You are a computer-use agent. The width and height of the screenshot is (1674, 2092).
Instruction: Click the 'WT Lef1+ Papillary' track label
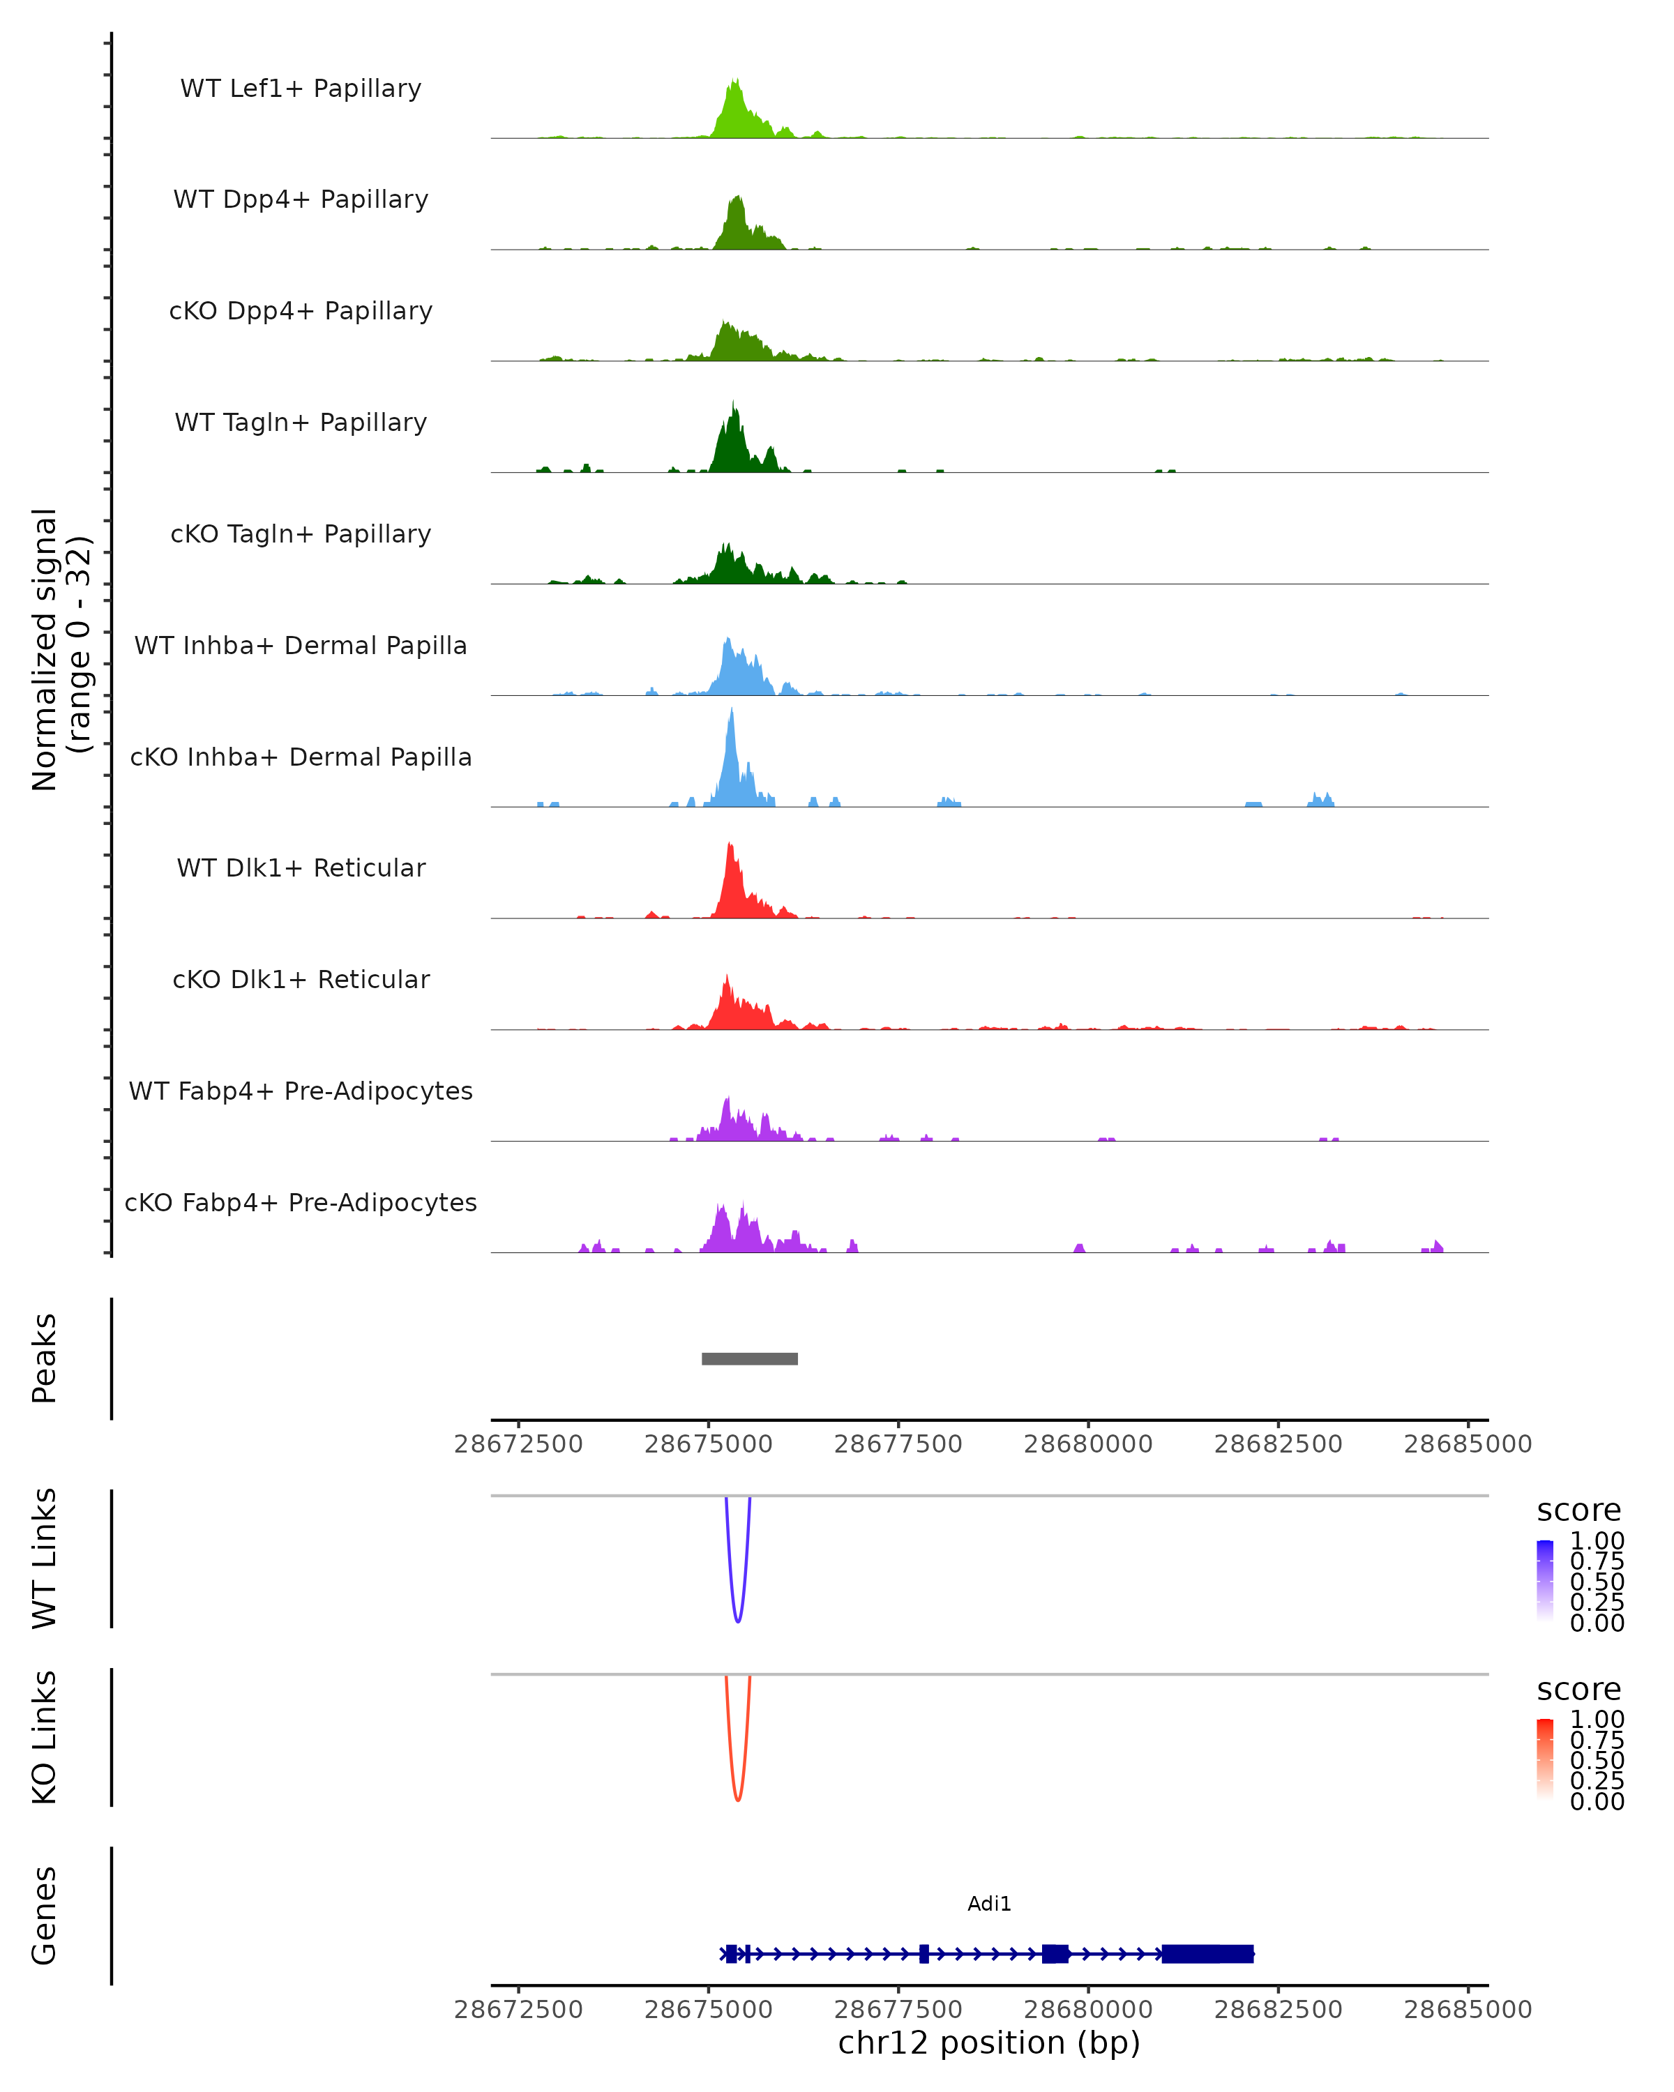pos(301,89)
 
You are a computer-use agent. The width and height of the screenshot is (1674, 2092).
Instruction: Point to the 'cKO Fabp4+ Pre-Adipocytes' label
pos(301,1202)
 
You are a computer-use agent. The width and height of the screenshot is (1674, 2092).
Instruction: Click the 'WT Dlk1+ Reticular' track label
pos(301,867)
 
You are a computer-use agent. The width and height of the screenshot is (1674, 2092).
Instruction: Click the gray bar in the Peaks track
pos(749,1358)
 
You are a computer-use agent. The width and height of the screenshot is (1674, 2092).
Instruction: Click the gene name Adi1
pos(989,1904)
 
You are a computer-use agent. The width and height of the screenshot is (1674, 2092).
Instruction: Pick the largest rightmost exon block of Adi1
pos(1207,1953)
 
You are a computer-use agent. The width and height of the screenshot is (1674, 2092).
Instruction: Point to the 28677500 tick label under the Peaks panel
pos(898,1444)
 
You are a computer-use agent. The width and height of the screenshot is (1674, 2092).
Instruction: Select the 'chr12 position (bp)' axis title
pos(989,2042)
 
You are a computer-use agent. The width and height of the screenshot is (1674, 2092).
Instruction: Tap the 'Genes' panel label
pos(45,1916)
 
